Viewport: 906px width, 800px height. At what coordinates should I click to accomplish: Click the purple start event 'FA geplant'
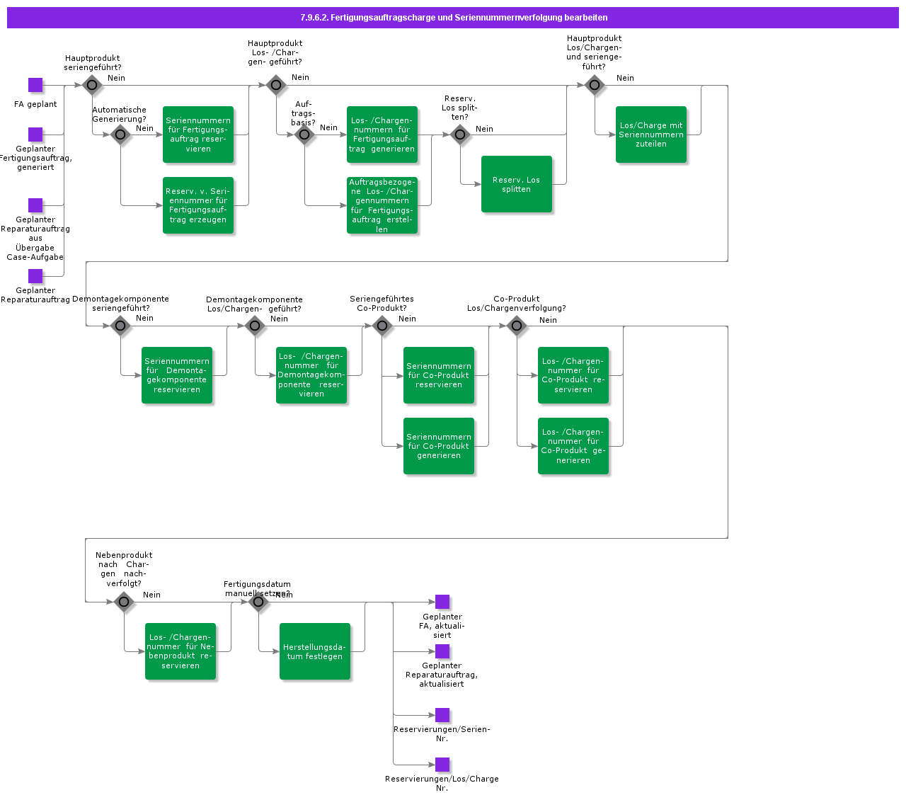tap(35, 85)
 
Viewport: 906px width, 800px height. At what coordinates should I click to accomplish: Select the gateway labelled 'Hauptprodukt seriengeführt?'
tap(92, 85)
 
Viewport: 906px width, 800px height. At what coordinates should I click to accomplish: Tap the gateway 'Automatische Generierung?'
tap(120, 135)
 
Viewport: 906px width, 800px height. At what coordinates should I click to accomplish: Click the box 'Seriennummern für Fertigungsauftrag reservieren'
tap(198, 135)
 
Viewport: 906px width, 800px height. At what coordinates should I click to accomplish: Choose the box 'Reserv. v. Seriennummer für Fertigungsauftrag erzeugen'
tap(198, 205)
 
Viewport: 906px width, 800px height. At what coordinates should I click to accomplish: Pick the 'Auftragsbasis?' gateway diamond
tap(304, 135)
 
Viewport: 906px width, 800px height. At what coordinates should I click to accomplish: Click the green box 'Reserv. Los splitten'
tap(517, 184)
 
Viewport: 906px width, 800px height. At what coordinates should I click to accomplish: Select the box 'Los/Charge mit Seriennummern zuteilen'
tap(651, 135)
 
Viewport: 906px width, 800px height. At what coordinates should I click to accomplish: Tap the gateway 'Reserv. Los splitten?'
tap(460, 135)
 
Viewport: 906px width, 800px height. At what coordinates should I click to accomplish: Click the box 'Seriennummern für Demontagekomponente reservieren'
tap(177, 375)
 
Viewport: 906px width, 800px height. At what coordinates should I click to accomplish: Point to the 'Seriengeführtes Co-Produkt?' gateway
tap(382, 326)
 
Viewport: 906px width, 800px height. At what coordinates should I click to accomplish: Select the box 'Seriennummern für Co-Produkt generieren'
tap(439, 446)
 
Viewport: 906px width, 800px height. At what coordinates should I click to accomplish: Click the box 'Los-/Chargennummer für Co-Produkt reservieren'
tap(573, 375)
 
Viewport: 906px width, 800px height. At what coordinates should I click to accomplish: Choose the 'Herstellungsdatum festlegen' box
tap(315, 651)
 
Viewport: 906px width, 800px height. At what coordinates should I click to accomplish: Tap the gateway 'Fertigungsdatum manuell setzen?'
tap(258, 602)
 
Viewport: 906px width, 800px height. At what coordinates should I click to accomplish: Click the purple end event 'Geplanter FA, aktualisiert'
tap(442, 602)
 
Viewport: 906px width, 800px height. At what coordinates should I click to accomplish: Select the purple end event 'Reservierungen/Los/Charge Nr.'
tap(442, 765)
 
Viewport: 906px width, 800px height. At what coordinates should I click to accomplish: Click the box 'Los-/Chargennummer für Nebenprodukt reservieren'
tap(180, 651)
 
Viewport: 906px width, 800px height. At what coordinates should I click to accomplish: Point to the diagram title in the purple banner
tap(454, 18)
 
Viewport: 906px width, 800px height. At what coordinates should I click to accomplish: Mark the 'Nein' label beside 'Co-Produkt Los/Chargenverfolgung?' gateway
tap(548, 320)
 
